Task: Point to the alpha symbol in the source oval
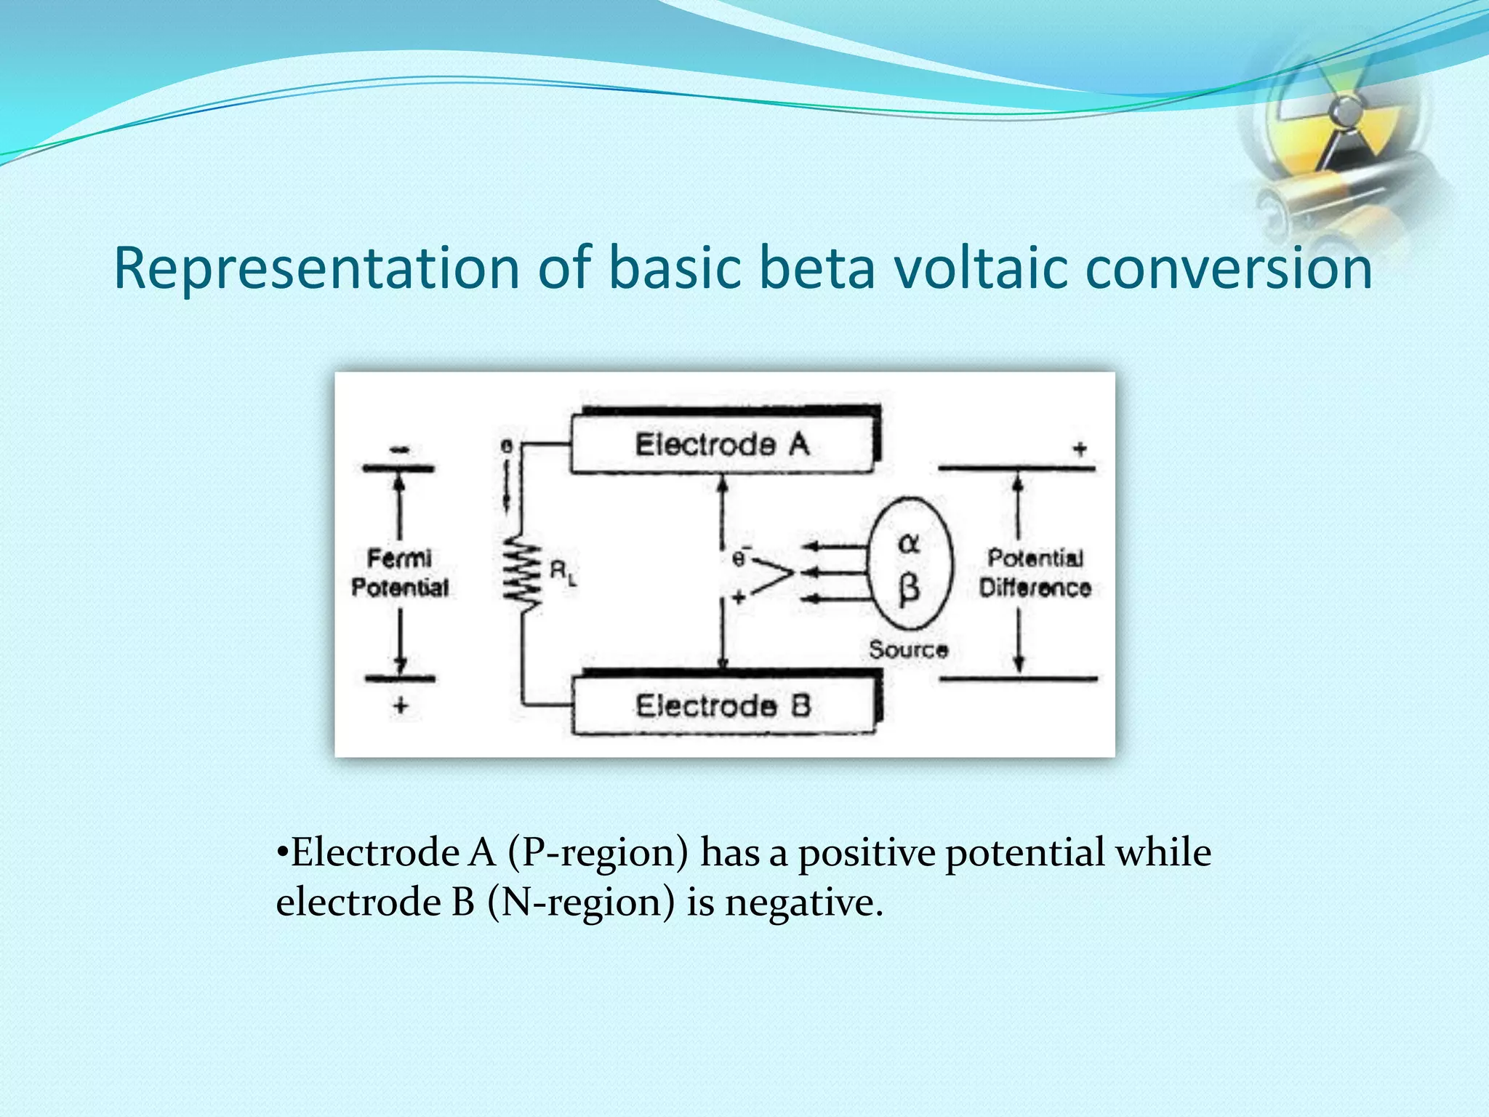tap(909, 543)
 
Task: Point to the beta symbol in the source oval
tap(909, 588)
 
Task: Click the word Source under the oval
tap(908, 649)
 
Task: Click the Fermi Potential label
tap(400, 572)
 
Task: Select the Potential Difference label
tap(1035, 572)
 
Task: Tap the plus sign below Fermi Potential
tap(400, 705)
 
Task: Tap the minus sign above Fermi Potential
tap(398, 450)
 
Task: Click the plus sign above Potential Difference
tap(1080, 449)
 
